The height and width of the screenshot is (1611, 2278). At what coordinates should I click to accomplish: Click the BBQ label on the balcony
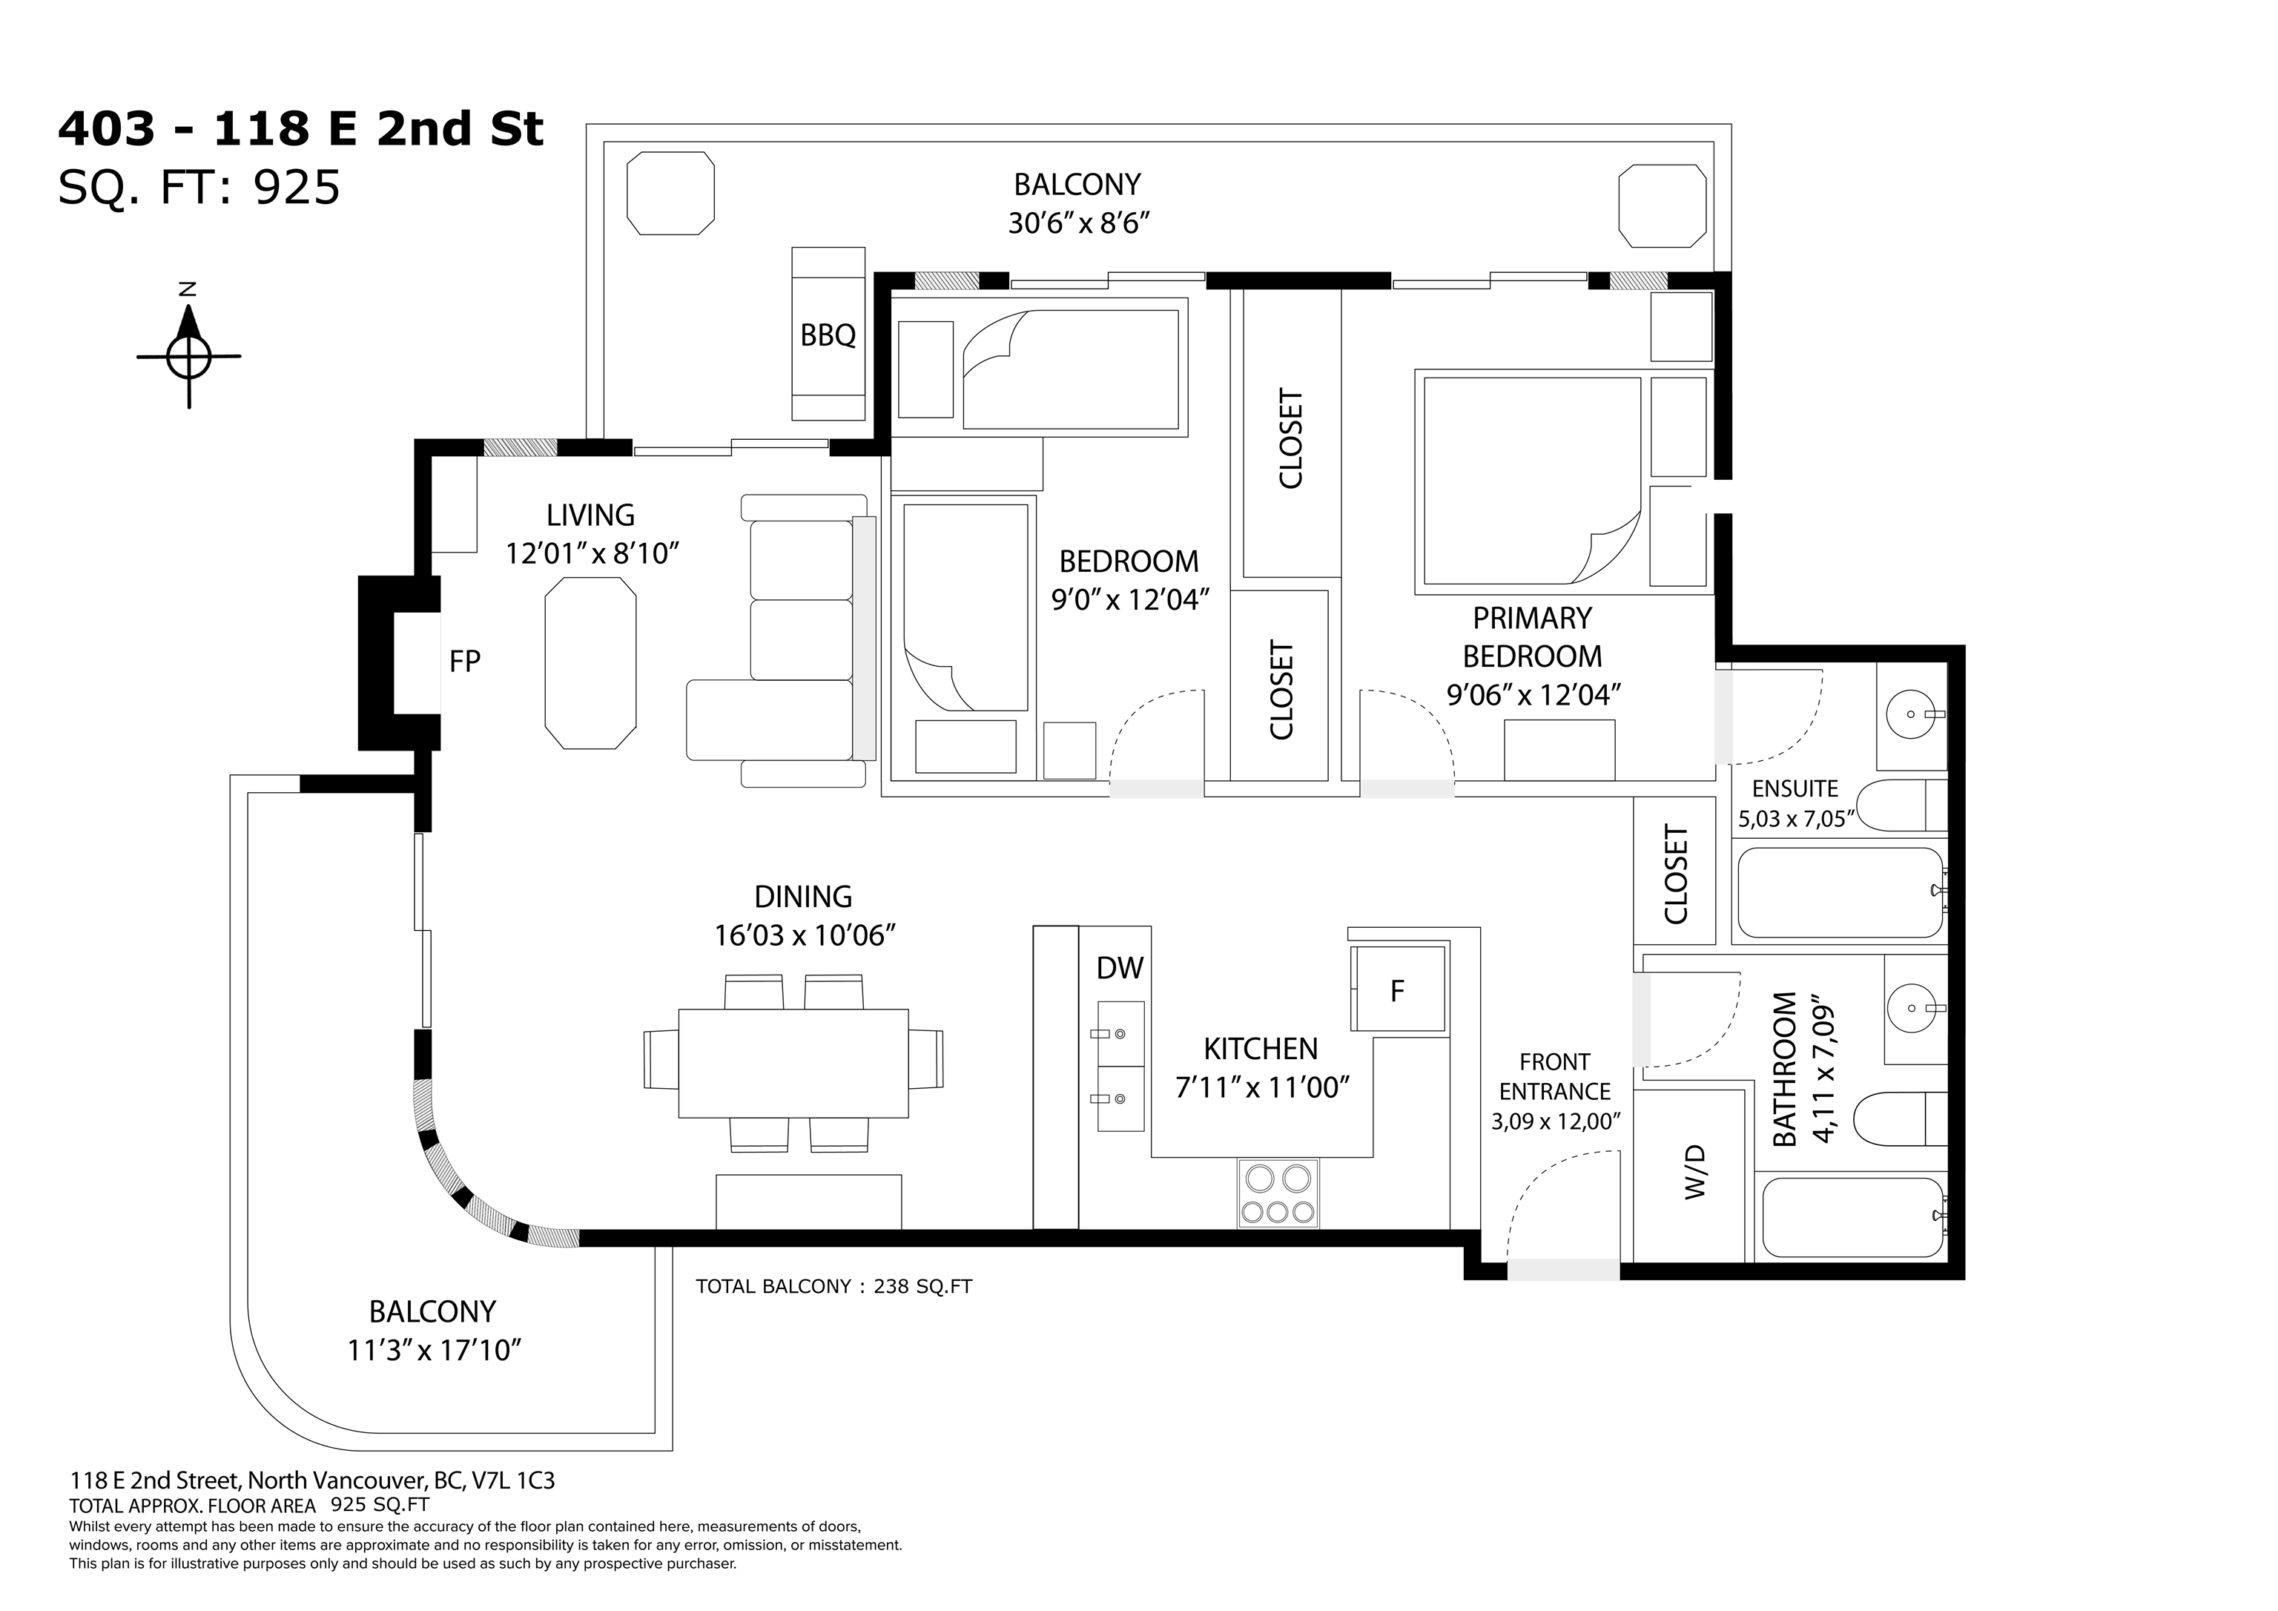point(828,335)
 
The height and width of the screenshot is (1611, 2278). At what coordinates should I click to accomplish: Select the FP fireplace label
point(464,661)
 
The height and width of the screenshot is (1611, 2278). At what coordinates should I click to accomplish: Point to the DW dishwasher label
point(1120,968)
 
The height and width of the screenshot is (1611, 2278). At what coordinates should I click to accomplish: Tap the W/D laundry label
point(1694,1171)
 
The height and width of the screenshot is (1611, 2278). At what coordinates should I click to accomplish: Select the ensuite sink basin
point(1911,714)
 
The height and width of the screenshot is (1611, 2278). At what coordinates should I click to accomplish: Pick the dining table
point(793,1063)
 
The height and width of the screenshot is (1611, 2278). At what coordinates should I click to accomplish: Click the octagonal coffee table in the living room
point(590,664)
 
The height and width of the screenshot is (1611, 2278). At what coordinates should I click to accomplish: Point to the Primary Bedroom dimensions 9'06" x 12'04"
point(1533,695)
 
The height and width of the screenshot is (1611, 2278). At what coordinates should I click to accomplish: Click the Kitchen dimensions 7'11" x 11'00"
point(1262,1088)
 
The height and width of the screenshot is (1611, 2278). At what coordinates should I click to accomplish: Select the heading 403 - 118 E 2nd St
point(300,129)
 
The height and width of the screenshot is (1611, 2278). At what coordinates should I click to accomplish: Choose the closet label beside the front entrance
point(1676,874)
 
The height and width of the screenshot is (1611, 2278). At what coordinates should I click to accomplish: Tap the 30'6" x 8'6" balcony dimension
point(1078,223)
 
